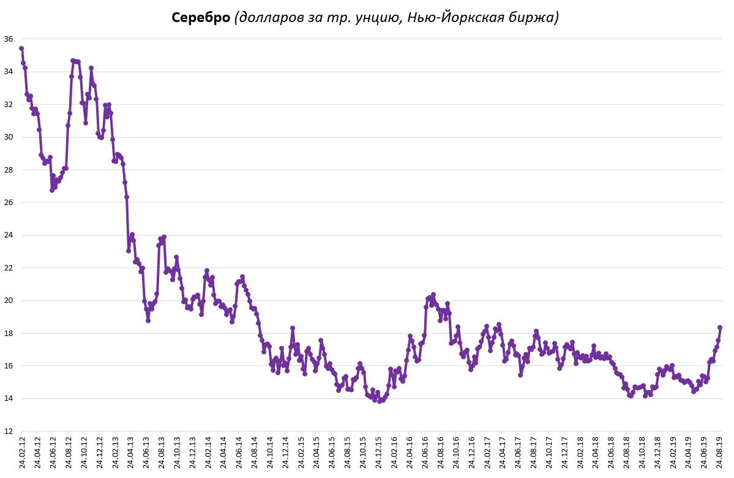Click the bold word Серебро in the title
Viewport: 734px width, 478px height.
[x=201, y=18]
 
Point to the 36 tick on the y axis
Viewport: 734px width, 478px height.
[x=9, y=39]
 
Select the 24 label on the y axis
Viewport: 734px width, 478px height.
[x=9, y=235]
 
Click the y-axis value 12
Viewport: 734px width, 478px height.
[x=9, y=431]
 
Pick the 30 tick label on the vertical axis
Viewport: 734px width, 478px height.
[x=9, y=137]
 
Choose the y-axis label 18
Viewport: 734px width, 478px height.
[x=9, y=334]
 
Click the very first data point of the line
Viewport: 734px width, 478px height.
[x=21, y=48]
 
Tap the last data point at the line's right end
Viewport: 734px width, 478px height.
[x=720, y=327]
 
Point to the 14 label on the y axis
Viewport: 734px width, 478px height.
[x=9, y=399]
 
